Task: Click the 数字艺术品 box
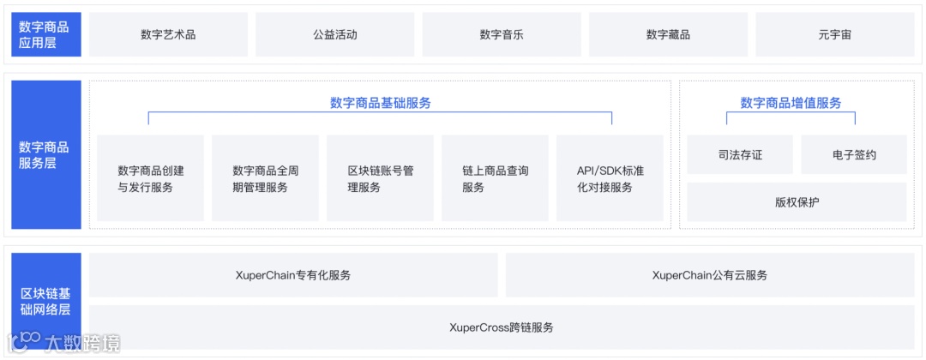pyautogui.click(x=168, y=35)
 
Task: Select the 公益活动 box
pyautogui.click(x=334, y=35)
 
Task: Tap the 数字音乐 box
pyautogui.click(x=502, y=35)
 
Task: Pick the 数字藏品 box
pyautogui.click(x=668, y=35)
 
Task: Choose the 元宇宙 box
pyautogui.click(x=834, y=35)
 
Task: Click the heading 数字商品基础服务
pyautogui.click(x=380, y=103)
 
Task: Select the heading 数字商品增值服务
pyautogui.click(x=791, y=103)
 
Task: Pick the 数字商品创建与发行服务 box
pyautogui.click(x=151, y=178)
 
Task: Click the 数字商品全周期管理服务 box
pyautogui.click(x=266, y=178)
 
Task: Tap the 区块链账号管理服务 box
pyautogui.click(x=380, y=178)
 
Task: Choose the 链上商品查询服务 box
pyautogui.click(x=495, y=178)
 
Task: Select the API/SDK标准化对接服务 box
pyautogui.click(x=610, y=178)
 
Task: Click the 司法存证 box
pyautogui.click(x=740, y=155)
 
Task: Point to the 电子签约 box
pyautogui.click(x=854, y=155)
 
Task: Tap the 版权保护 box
pyautogui.click(x=797, y=202)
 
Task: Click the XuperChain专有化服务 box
pyautogui.click(x=293, y=275)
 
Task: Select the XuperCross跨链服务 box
pyautogui.click(x=502, y=327)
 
